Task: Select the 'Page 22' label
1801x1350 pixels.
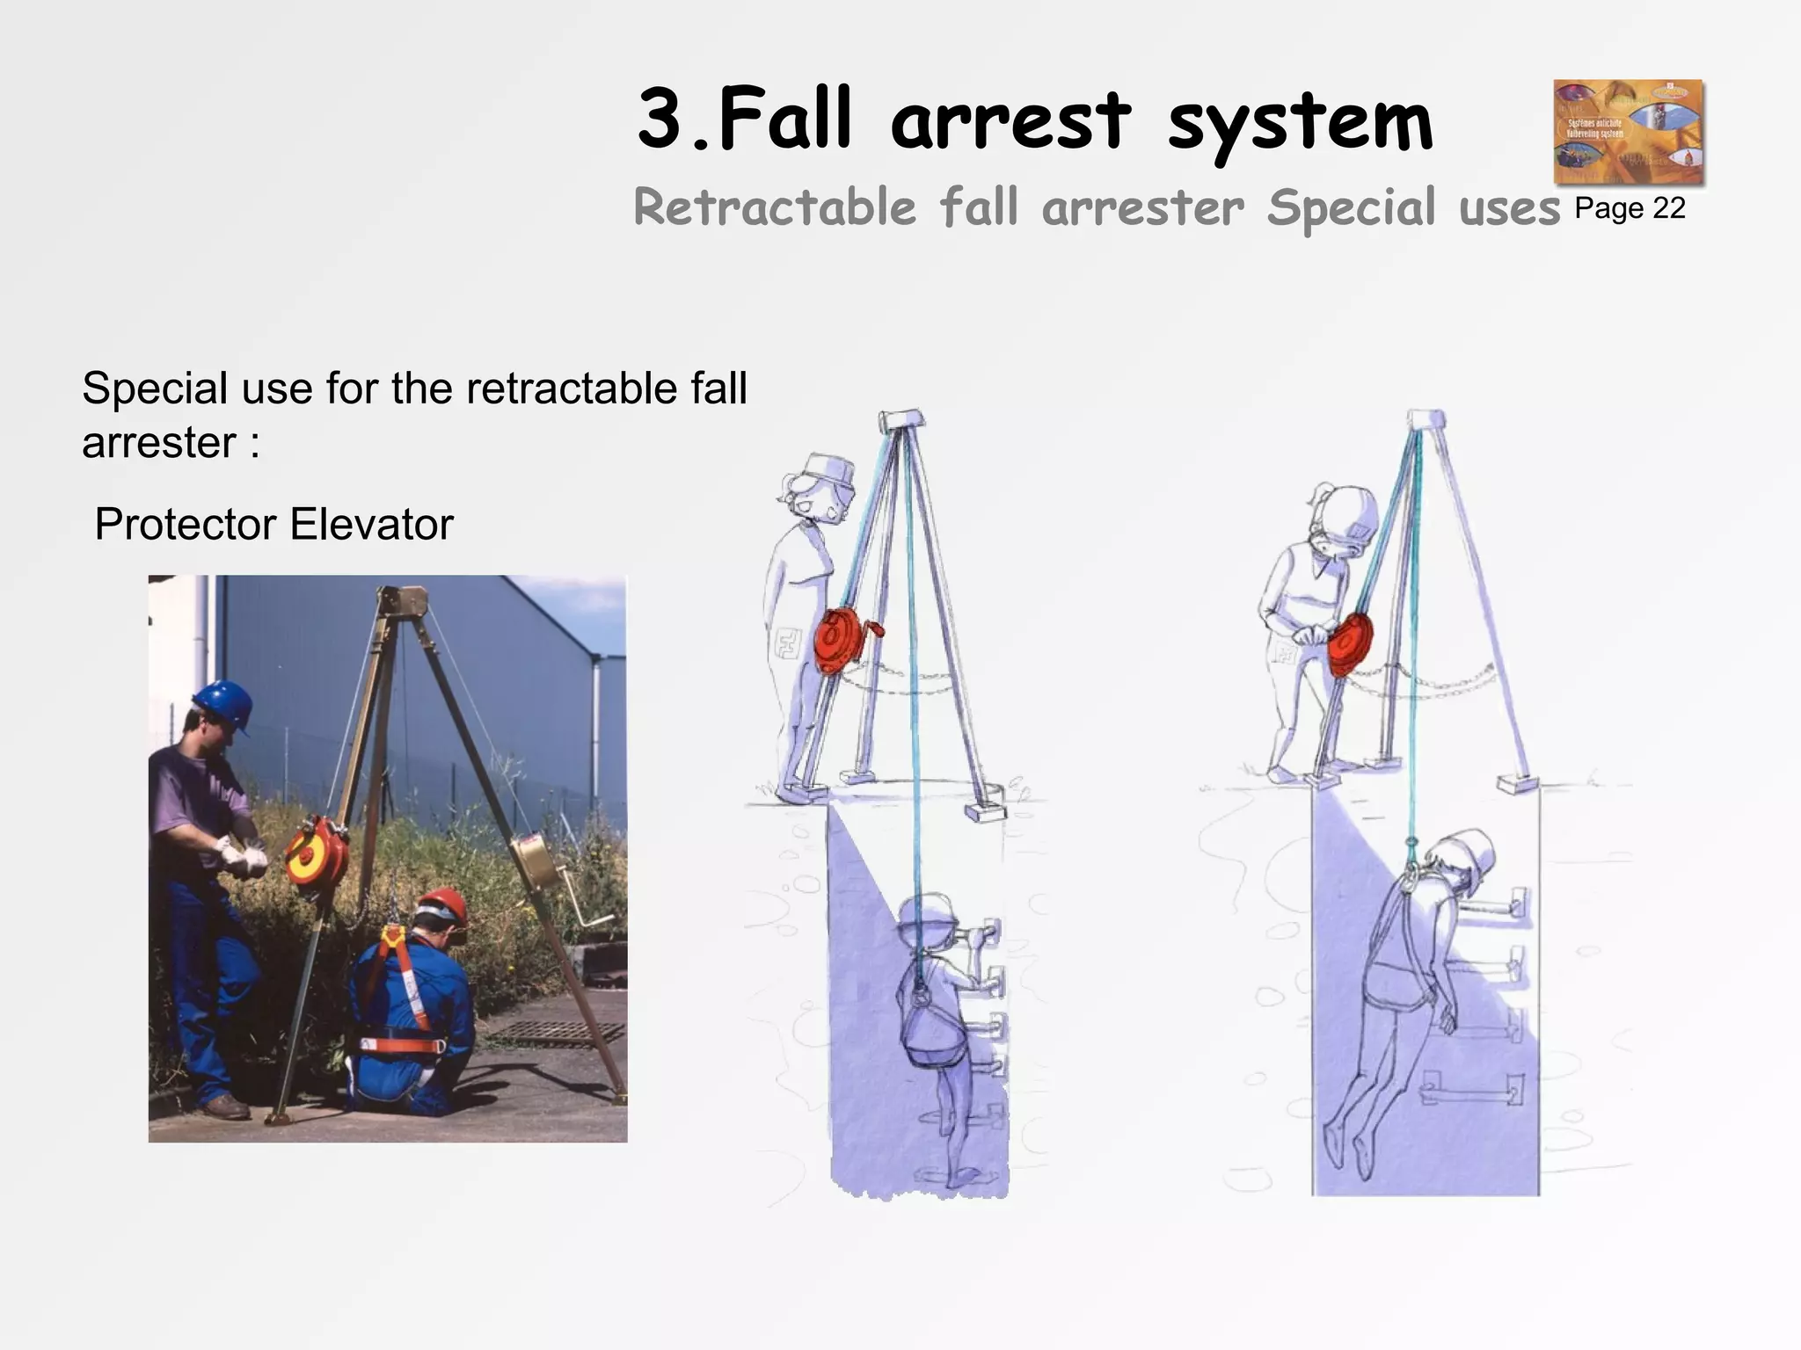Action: tap(1630, 208)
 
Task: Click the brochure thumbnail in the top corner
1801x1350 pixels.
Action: tap(1628, 132)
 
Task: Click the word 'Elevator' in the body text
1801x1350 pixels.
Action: tap(371, 525)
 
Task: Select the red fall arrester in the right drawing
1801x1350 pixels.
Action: tap(1348, 645)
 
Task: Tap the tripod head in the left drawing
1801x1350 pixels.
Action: tap(903, 419)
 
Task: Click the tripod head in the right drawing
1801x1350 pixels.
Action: tap(1425, 419)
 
